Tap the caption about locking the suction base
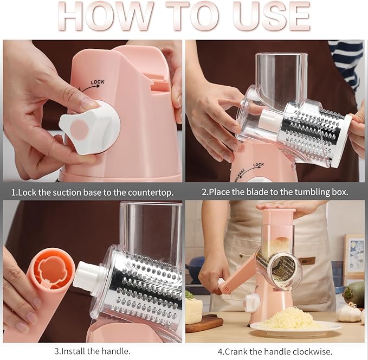pos(93,192)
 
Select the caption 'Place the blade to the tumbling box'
pos(275,192)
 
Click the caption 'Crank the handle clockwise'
pos(275,351)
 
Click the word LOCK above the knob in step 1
pos(98,82)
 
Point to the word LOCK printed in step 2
pos(258,164)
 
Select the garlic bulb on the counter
pos(348,312)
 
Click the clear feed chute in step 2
pos(281,76)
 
